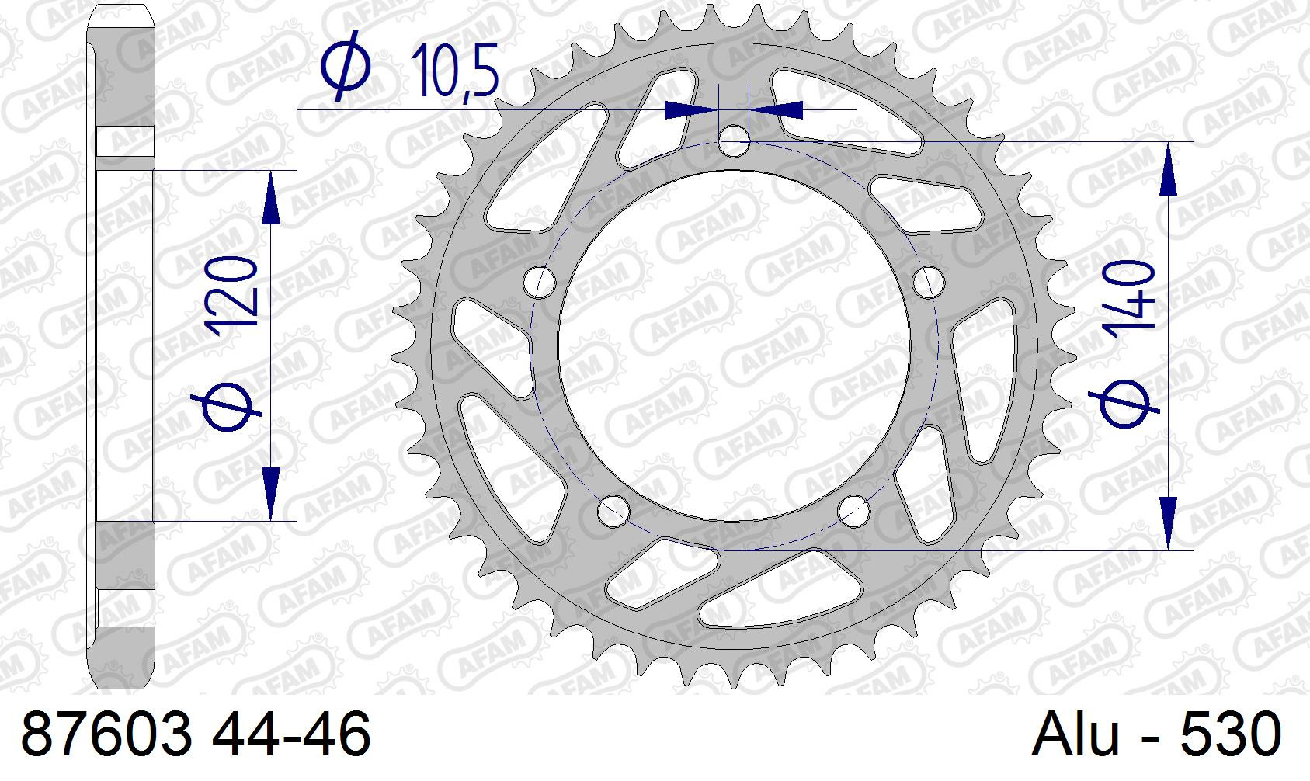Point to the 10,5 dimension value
click(455, 70)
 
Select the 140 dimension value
click(1130, 302)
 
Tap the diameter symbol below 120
click(227, 408)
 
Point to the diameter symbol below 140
click(1124, 404)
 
